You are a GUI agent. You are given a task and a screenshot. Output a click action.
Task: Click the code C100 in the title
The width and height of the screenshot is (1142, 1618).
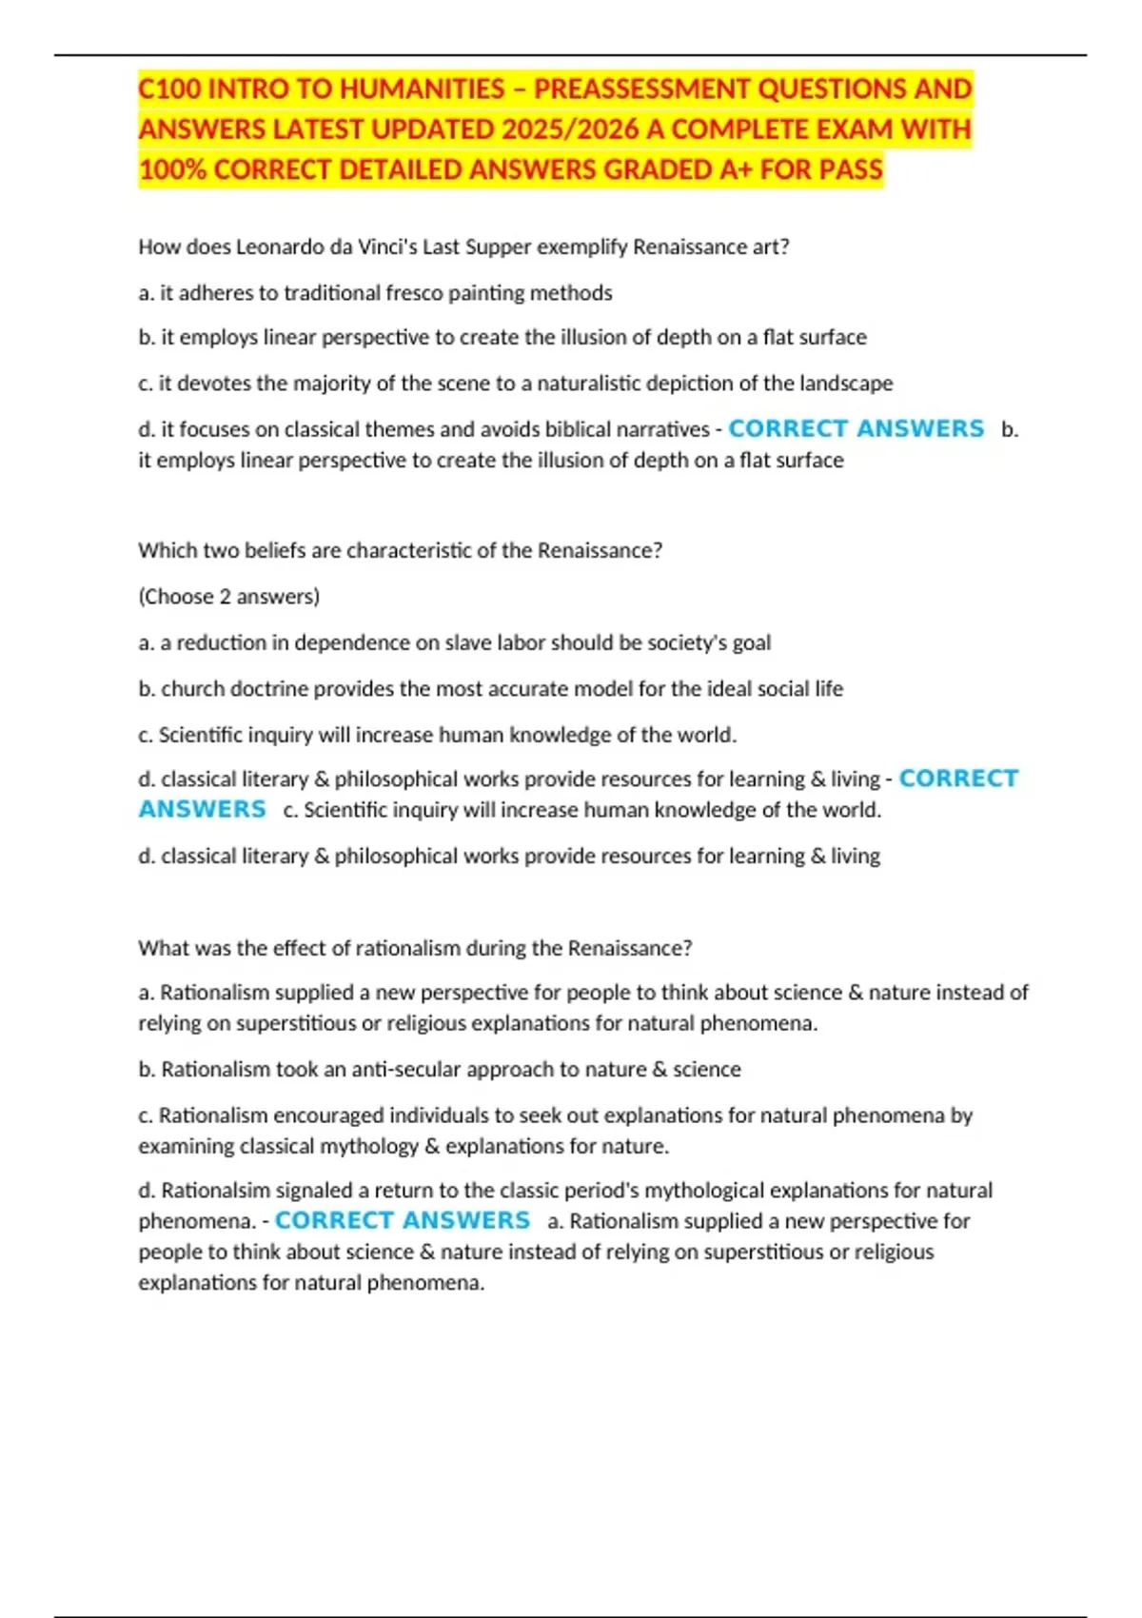pyautogui.click(x=169, y=89)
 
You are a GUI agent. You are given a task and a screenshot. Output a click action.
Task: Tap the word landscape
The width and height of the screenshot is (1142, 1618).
pyautogui.click(x=847, y=384)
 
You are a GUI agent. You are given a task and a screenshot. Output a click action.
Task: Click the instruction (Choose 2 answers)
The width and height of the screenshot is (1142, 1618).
pyautogui.click(x=228, y=597)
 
